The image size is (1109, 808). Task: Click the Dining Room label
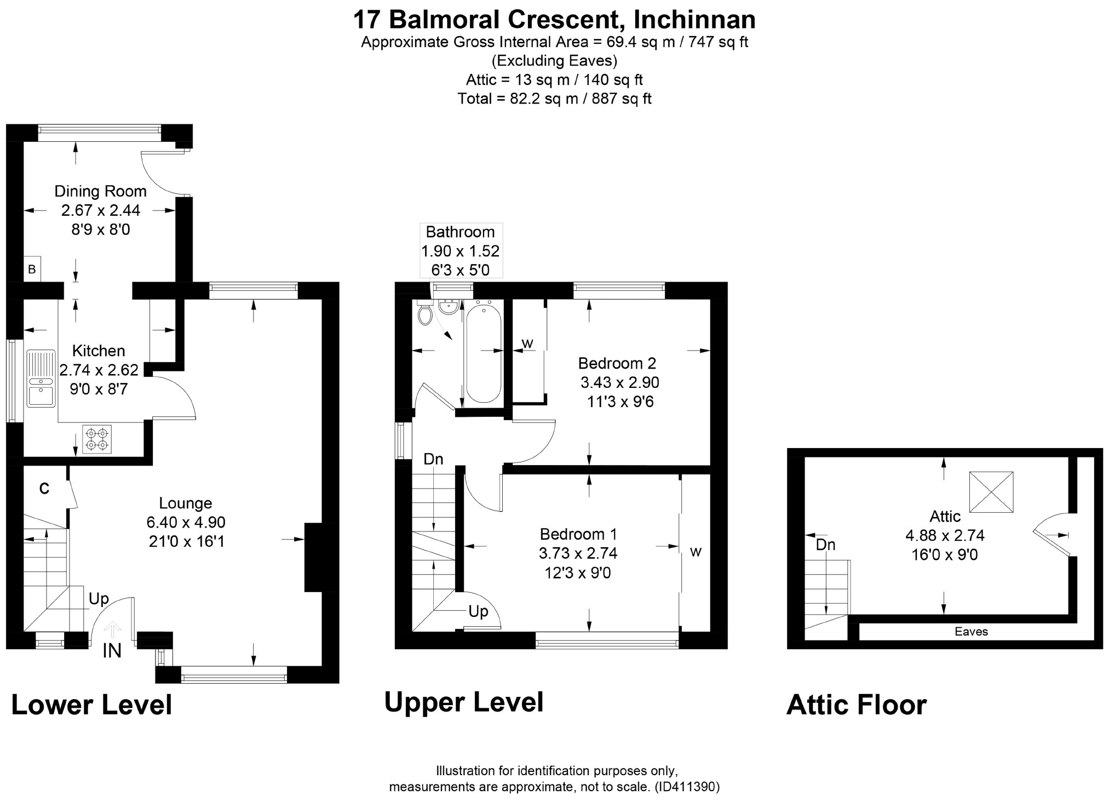pyautogui.click(x=101, y=191)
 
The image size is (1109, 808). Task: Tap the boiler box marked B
pyautogui.click(x=32, y=269)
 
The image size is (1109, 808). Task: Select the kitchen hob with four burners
pyautogui.click(x=97, y=439)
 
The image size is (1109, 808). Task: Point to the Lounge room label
pyautogui.click(x=186, y=503)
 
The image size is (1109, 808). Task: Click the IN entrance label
pyautogui.click(x=112, y=651)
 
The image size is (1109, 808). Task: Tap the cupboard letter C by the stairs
pyautogui.click(x=44, y=488)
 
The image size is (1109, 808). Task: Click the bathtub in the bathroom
pyautogui.click(x=483, y=353)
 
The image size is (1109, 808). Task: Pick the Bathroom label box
pyautogui.click(x=461, y=251)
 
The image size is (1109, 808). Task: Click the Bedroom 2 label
pyautogui.click(x=617, y=363)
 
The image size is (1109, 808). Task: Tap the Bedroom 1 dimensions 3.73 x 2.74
pyautogui.click(x=578, y=553)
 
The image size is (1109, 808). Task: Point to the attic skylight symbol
pyautogui.click(x=991, y=491)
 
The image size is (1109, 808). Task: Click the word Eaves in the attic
pyautogui.click(x=971, y=632)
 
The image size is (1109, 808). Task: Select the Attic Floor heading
pyautogui.click(x=857, y=705)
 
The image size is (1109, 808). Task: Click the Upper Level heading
pyautogui.click(x=464, y=703)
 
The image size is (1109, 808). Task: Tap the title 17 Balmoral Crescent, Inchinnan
pyautogui.click(x=554, y=20)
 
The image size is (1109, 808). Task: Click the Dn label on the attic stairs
pyautogui.click(x=826, y=545)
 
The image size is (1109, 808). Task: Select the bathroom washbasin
pyautogui.click(x=449, y=307)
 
